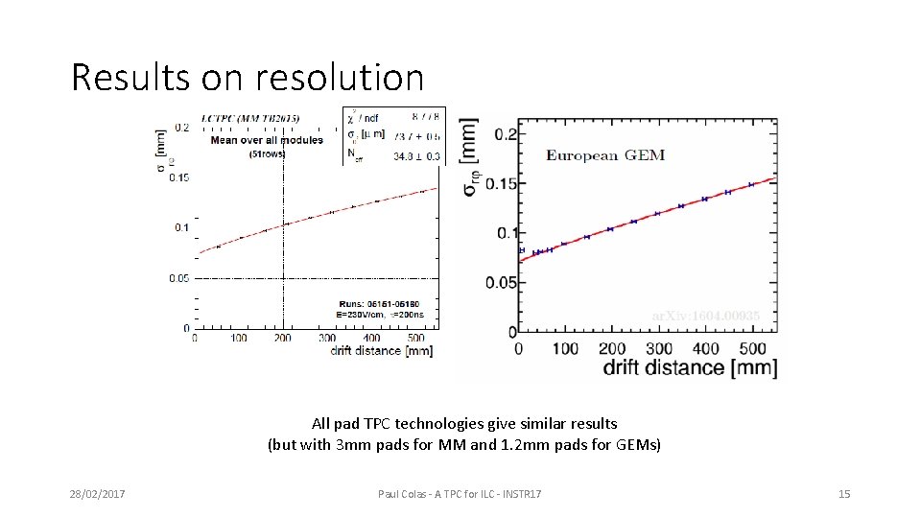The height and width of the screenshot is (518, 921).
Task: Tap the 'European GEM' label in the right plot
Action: (x=605, y=154)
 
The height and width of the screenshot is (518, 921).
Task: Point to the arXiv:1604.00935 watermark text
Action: (x=706, y=315)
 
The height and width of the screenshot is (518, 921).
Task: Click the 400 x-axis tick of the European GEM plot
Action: (x=705, y=348)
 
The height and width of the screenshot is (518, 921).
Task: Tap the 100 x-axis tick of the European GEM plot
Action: (x=565, y=348)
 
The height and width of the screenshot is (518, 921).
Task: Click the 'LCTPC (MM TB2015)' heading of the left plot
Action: (x=249, y=118)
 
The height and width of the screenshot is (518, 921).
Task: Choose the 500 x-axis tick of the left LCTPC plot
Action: (x=414, y=338)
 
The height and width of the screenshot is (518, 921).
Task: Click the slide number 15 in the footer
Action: (x=844, y=494)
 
